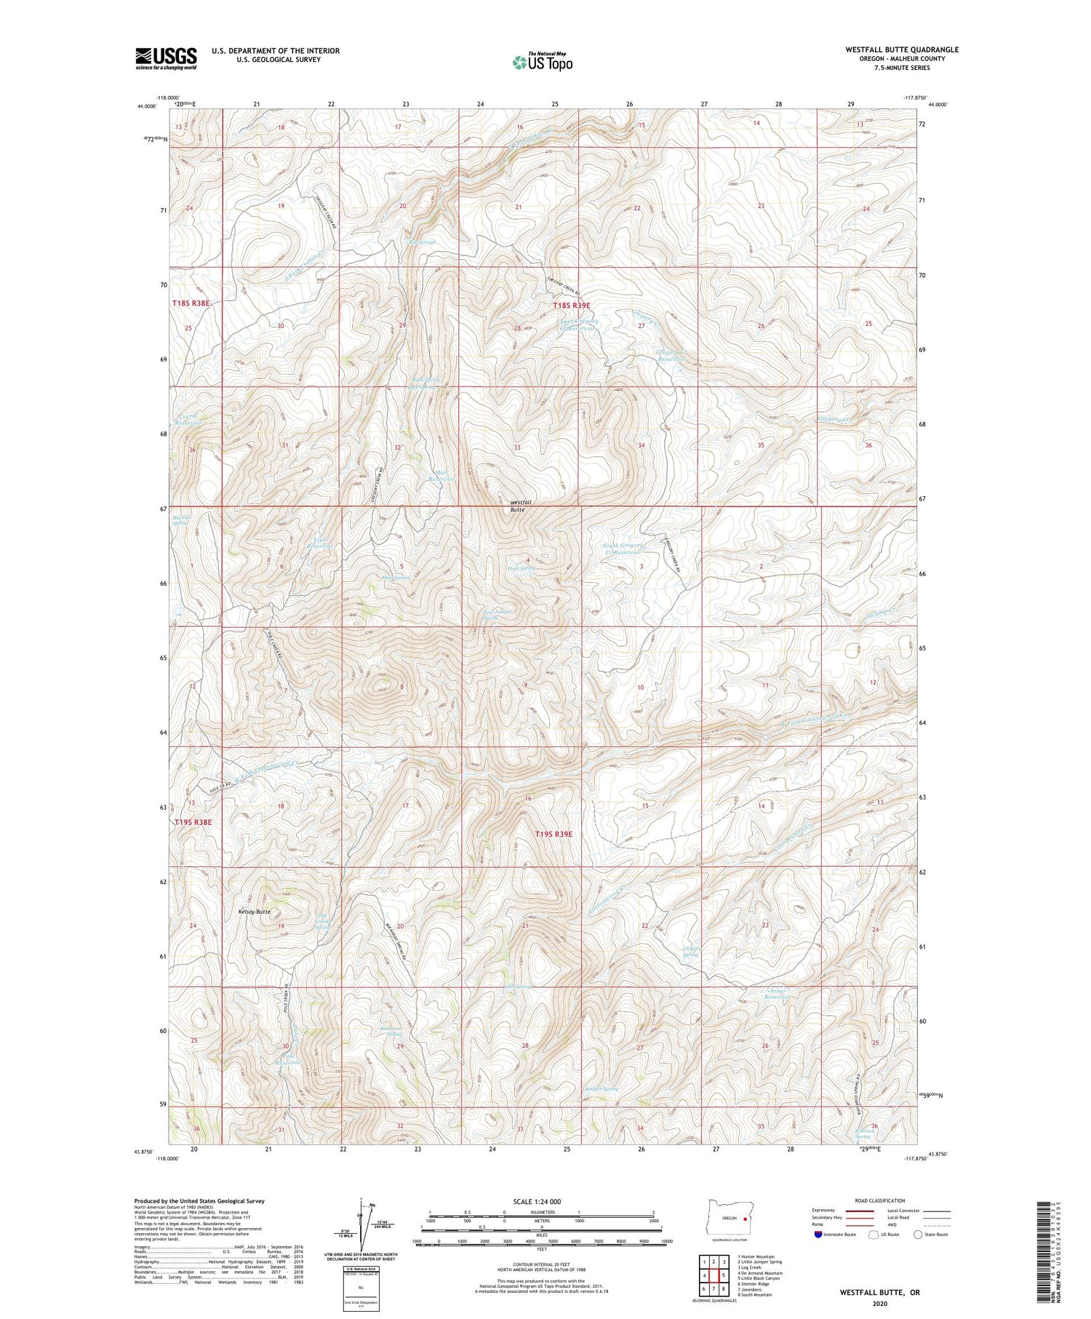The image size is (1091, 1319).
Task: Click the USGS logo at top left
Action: [166, 58]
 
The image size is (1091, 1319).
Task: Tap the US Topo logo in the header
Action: [543, 63]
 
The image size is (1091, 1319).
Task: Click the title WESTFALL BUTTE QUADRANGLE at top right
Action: [901, 50]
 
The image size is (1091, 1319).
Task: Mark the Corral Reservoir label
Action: [188, 419]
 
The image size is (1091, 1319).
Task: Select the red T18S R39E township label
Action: [571, 306]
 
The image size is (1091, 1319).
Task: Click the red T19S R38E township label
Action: [193, 822]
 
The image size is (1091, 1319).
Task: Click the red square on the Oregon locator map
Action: [746, 1219]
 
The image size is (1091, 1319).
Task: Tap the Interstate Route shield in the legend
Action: [818, 1235]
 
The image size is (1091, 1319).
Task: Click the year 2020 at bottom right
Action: [881, 1304]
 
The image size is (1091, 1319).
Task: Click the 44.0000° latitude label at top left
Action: [147, 106]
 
